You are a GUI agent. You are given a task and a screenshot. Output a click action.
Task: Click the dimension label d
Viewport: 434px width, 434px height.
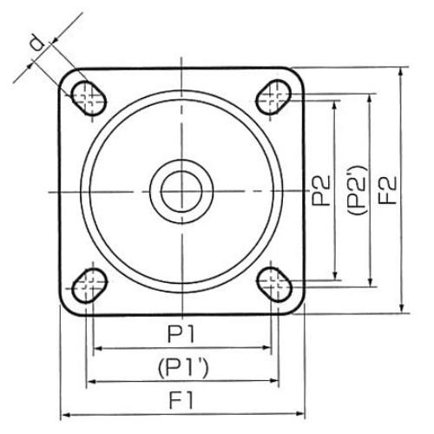(x=37, y=43)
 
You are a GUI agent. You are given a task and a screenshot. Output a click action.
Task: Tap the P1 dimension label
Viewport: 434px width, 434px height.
(x=181, y=334)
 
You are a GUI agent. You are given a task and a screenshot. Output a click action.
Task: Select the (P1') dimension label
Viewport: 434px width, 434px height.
(x=183, y=368)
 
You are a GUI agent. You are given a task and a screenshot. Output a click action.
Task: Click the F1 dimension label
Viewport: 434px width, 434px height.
(x=181, y=400)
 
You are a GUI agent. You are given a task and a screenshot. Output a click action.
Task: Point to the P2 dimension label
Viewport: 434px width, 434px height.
(x=320, y=191)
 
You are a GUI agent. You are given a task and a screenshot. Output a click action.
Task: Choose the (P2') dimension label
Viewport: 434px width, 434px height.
(x=357, y=190)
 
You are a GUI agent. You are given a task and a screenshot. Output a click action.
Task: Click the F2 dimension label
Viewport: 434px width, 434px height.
(x=387, y=190)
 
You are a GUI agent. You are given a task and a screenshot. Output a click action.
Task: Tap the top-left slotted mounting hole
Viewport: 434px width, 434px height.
(x=89, y=98)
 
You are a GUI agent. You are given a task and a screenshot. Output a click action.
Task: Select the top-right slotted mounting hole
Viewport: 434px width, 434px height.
(x=273, y=97)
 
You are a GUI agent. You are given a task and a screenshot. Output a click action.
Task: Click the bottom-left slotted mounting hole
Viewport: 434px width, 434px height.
(x=89, y=286)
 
